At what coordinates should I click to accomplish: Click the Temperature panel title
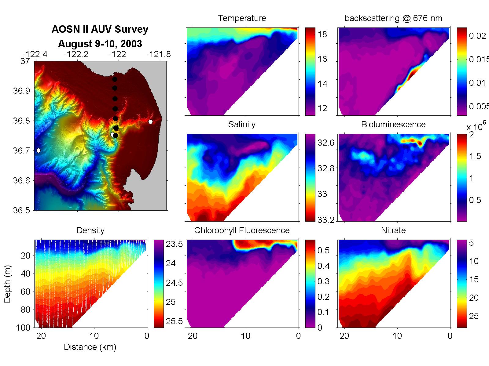pyautogui.click(x=242, y=18)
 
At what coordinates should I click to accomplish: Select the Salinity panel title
pyautogui.click(x=242, y=125)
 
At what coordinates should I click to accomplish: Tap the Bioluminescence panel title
pyautogui.click(x=393, y=125)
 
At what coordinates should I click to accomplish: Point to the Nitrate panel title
pyautogui.click(x=393, y=230)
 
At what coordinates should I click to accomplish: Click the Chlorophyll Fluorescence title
pyautogui.click(x=242, y=230)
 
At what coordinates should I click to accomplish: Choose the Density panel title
pyautogui.click(x=90, y=230)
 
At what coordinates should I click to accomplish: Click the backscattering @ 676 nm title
pyautogui.click(x=393, y=18)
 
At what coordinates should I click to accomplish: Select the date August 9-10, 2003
pyautogui.click(x=100, y=44)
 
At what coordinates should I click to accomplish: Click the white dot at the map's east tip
pyautogui.click(x=150, y=121)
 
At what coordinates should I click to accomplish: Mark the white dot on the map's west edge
pyautogui.click(x=38, y=150)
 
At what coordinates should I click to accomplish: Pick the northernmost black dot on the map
pyautogui.click(x=115, y=79)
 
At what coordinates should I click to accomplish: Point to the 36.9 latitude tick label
pyautogui.click(x=22, y=91)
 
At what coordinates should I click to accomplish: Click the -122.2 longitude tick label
pyautogui.click(x=76, y=54)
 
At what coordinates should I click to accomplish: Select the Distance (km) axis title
pyautogui.click(x=90, y=347)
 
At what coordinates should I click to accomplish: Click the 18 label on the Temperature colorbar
pyautogui.click(x=322, y=34)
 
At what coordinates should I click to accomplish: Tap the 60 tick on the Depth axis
pyautogui.click(x=25, y=292)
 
